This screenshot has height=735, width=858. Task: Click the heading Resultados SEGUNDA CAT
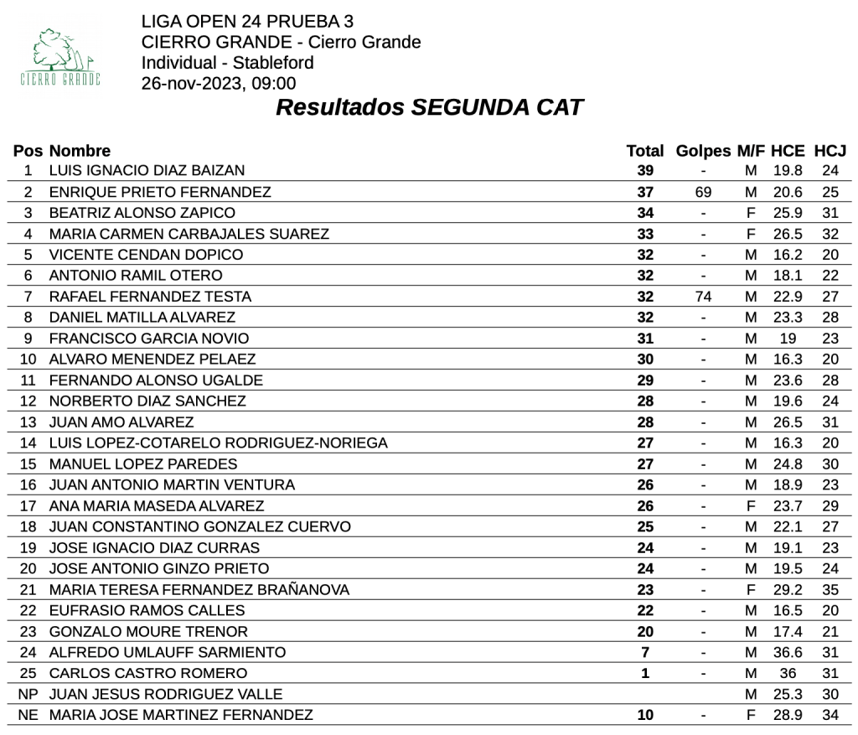coord(429,108)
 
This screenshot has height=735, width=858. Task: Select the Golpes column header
coord(703,152)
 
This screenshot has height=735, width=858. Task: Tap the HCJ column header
coord(830,152)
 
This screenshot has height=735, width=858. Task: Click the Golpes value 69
coord(703,192)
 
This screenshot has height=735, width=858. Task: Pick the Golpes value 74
coord(703,297)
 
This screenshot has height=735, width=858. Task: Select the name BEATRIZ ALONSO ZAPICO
coord(142,213)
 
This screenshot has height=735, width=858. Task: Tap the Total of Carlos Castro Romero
coord(645,674)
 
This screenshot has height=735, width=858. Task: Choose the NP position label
coord(28,695)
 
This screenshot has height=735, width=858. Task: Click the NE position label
coord(28,716)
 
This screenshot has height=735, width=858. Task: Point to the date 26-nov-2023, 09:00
coord(219,83)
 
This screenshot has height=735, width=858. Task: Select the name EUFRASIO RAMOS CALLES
coord(147,611)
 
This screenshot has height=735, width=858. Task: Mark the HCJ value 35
coord(830,590)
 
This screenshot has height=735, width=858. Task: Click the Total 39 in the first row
coord(645,171)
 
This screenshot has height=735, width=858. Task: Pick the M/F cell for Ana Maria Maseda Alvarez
coord(751,506)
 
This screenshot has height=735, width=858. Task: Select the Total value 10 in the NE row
coord(645,716)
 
